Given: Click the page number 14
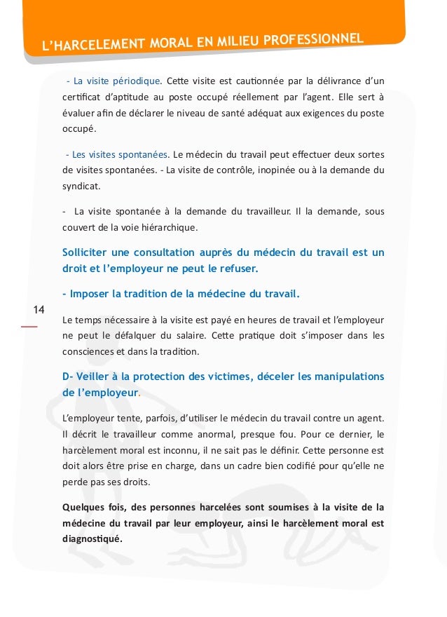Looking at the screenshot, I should [39, 310].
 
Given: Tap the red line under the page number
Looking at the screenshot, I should [29, 326].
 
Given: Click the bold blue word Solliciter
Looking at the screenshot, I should [89, 252].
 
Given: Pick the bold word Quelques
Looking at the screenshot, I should [84, 507].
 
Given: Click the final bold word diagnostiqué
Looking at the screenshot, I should [92, 538].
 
